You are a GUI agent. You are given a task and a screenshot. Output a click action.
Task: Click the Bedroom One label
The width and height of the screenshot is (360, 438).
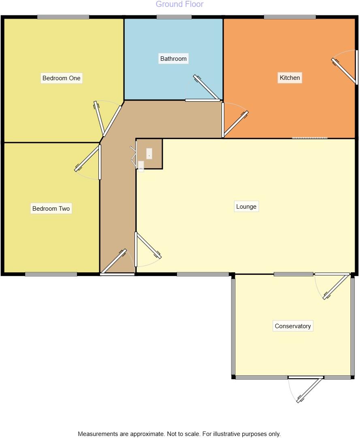62,78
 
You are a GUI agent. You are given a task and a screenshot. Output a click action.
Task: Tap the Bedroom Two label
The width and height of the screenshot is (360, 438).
51,209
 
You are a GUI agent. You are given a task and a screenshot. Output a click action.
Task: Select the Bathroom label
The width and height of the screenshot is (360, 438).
173,59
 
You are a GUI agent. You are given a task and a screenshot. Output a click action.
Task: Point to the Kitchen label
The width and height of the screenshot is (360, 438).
290,78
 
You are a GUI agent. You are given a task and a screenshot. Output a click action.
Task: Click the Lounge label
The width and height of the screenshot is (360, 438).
246,207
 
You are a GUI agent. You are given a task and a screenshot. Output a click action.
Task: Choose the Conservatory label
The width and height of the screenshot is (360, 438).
293,326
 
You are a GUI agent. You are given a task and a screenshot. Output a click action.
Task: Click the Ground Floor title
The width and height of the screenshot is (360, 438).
179,4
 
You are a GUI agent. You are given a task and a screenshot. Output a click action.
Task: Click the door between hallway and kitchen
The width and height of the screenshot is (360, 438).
235,124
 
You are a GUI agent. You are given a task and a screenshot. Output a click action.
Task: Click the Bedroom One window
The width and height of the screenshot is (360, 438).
63,17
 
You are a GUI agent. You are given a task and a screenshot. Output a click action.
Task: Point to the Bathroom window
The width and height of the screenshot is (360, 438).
174,17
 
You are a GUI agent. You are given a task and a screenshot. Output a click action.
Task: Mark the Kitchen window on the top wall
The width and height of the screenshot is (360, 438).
290,17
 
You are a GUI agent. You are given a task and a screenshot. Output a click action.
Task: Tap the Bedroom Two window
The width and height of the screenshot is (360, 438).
51,274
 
